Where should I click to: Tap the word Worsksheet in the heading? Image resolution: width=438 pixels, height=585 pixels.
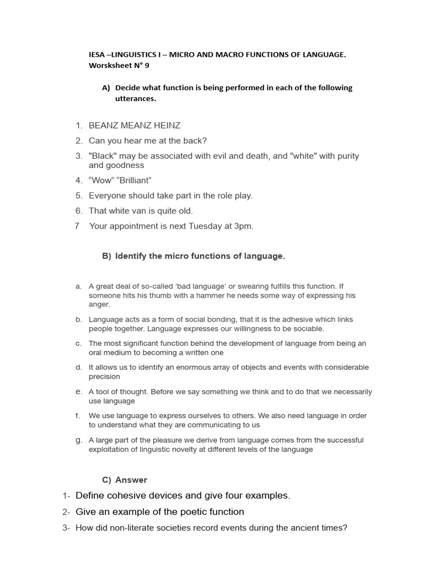pos(109,66)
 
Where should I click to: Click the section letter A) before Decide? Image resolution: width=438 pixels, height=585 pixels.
pos(106,88)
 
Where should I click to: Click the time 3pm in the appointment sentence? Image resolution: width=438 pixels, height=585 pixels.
pos(243,226)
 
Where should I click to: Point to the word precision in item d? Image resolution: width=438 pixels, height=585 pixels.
pos(104,377)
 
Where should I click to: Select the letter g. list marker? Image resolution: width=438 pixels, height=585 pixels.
pos(79,440)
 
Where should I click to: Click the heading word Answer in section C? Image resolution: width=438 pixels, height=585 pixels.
pos(131,480)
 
